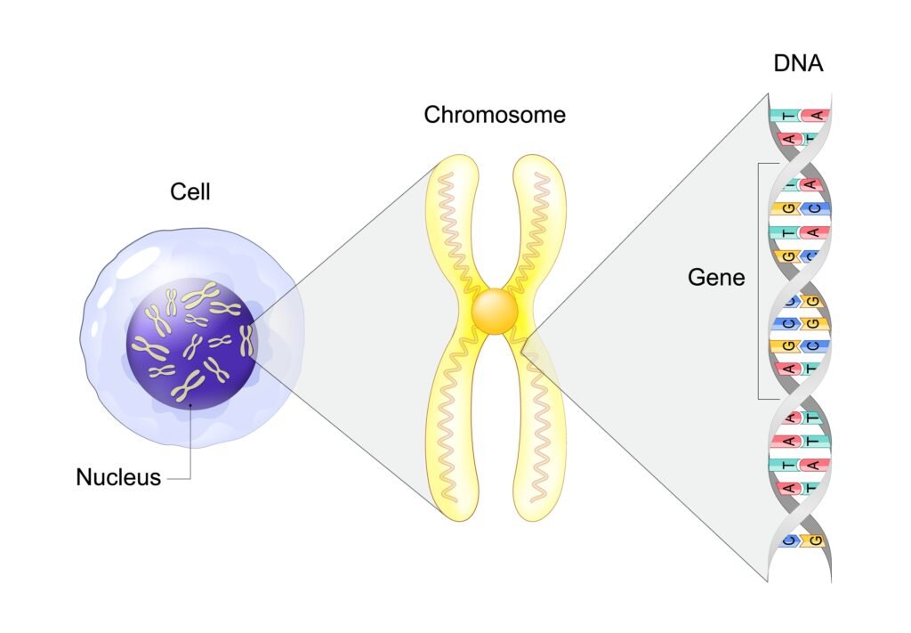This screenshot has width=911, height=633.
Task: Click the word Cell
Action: (x=190, y=191)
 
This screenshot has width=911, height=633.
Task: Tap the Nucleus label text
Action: (x=118, y=477)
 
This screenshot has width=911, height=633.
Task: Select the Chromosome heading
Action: (x=495, y=115)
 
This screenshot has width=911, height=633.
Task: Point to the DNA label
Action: (x=798, y=65)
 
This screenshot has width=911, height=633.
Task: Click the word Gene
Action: (x=716, y=278)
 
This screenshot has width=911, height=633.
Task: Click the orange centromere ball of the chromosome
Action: (x=496, y=312)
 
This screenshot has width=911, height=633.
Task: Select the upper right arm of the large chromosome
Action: (x=540, y=223)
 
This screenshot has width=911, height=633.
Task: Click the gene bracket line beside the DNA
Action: (x=759, y=280)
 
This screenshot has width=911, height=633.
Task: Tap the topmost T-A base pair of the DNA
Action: (x=800, y=116)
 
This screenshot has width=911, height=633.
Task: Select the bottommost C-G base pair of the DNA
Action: (x=800, y=540)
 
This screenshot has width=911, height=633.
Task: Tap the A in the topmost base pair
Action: (x=817, y=116)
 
